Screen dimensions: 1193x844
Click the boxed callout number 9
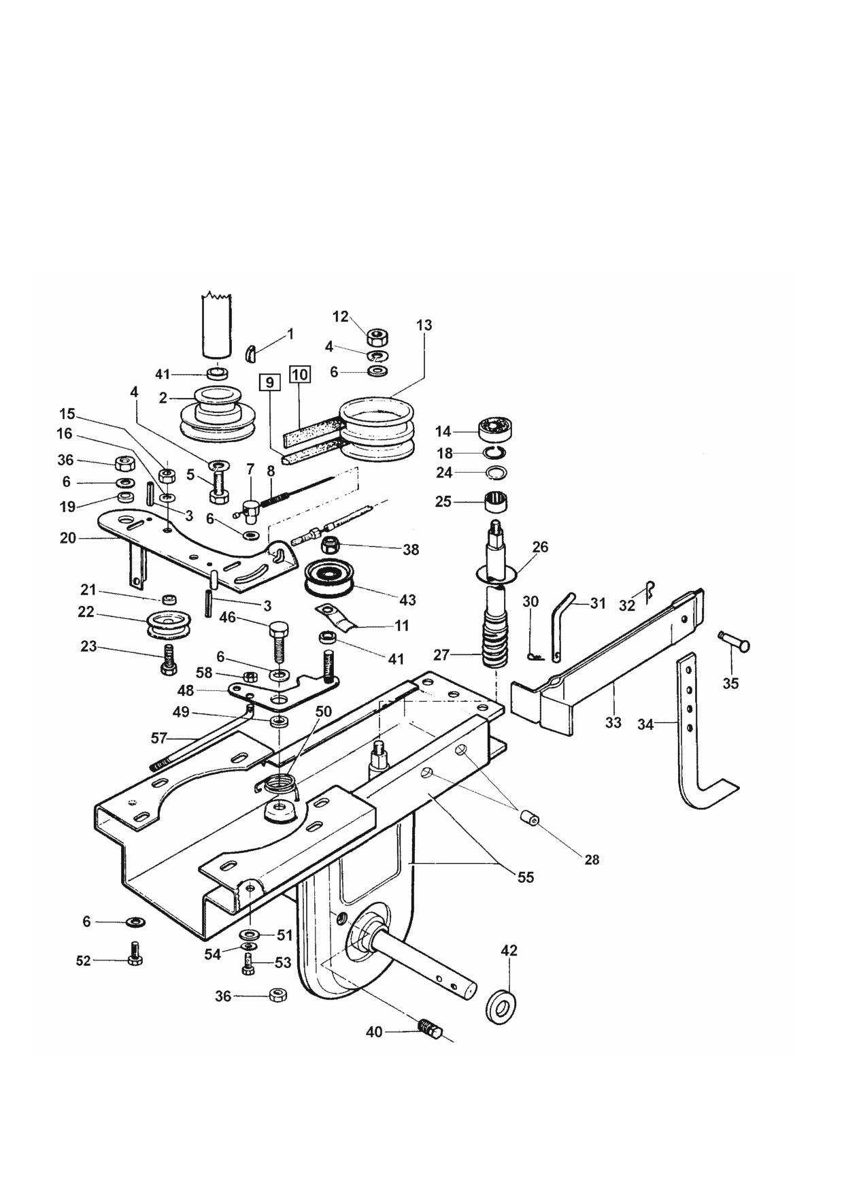point(269,383)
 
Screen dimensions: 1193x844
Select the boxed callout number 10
point(299,374)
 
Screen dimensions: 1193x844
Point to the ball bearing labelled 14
point(495,429)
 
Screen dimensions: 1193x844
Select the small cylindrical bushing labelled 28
point(528,817)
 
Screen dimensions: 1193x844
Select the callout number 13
point(424,325)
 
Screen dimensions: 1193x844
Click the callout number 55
point(526,877)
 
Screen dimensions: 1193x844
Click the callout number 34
point(645,724)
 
